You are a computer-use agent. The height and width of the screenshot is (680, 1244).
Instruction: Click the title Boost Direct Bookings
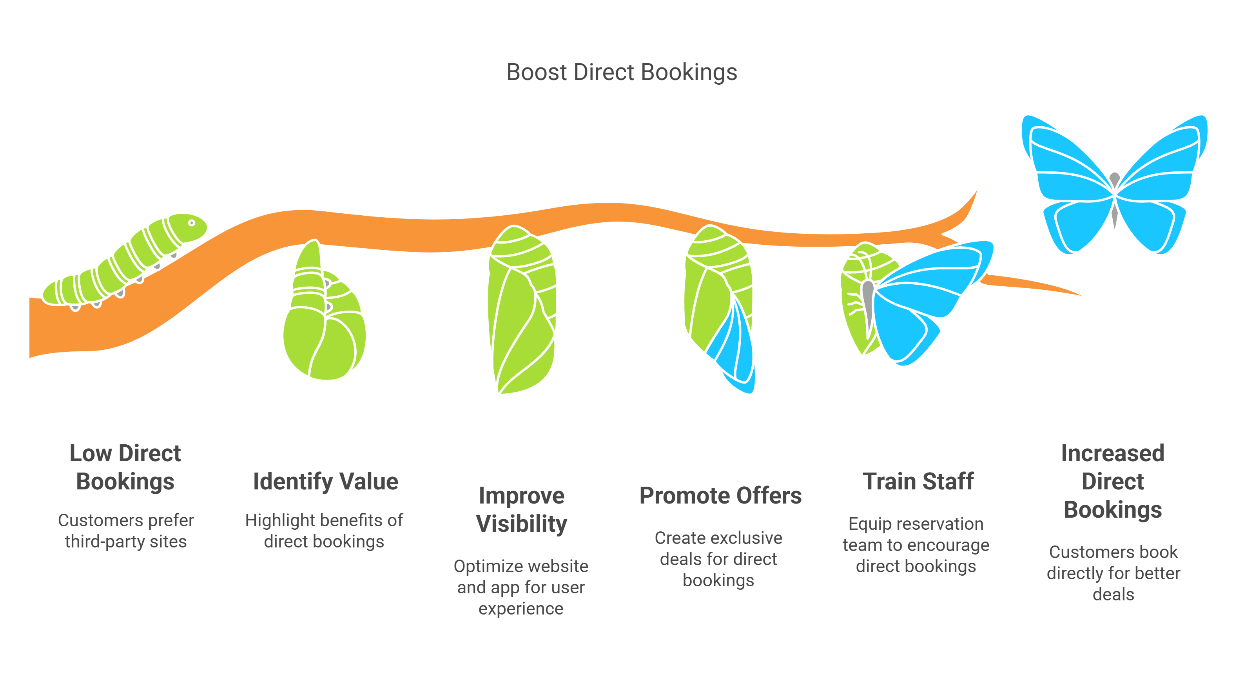pos(622,73)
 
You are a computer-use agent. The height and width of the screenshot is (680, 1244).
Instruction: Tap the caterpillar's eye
pos(192,223)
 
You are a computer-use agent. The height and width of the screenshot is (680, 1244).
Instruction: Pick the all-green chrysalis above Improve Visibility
pos(522,309)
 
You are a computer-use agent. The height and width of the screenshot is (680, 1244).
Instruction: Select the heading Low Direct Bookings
pos(125,467)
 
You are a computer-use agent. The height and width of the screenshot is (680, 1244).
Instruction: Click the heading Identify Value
pos(325,481)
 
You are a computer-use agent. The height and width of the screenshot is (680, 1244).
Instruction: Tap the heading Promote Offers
pos(720,495)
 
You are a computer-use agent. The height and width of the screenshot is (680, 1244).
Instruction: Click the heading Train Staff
pos(918,481)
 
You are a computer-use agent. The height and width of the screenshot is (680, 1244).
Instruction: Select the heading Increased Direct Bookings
pos(1113,481)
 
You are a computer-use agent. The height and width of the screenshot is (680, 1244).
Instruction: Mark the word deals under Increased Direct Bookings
pos(1113,594)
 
